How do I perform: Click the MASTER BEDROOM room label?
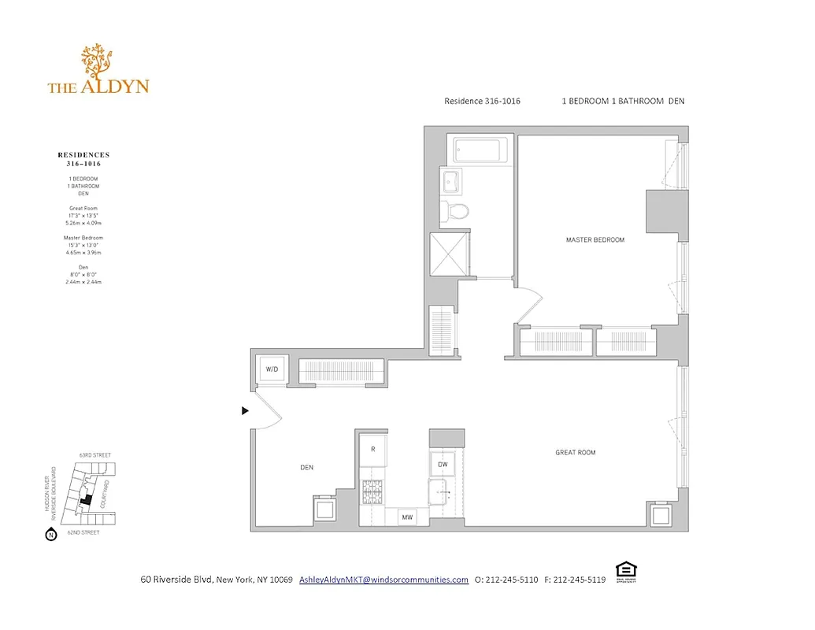tap(595, 239)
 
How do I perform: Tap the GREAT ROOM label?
tap(575, 452)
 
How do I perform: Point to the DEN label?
tap(306, 467)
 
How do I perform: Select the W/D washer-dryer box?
tap(272, 369)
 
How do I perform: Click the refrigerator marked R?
tap(373, 449)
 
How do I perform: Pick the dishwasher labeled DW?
tap(443, 465)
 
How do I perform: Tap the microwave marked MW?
tap(407, 517)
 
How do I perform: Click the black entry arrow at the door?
tap(245, 410)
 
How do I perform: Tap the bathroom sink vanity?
tap(451, 182)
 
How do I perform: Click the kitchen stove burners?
tap(372, 492)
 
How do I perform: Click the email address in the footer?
tap(383, 580)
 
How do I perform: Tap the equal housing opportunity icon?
tap(625, 571)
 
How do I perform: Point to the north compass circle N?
tap(51, 535)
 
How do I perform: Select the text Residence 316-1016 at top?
tap(482, 101)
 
